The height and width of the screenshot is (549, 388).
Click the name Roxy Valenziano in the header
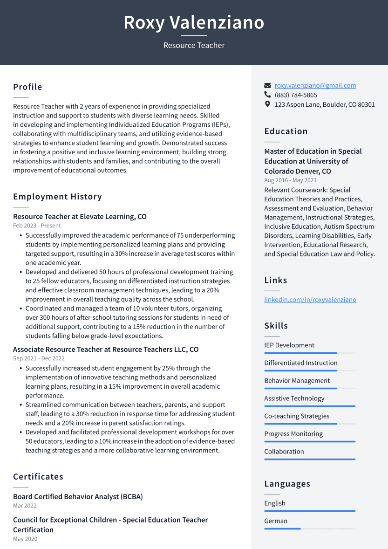(x=194, y=22)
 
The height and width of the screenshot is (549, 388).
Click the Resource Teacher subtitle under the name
(x=194, y=45)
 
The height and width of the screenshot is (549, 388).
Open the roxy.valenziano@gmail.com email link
(x=315, y=85)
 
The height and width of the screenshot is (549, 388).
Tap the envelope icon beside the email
(x=267, y=85)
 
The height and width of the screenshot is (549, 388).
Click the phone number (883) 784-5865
(x=296, y=95)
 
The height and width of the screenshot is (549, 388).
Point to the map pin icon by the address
(x=267, y=104)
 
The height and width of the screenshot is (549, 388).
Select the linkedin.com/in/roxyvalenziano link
(x=310, y=300)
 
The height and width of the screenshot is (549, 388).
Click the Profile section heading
(x=27, y=87)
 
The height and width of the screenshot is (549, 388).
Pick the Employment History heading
(x=57, y=197)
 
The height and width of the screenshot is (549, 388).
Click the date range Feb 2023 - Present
(x=37, y=226)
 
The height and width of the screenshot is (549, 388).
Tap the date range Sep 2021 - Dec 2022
(x=39, y=358)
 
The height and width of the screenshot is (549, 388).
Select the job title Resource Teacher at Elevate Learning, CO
(x=80, y=217)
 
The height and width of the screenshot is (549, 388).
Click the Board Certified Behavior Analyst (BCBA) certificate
(x=78, y=497)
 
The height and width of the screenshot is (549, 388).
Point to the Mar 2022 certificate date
(x=25, y=506)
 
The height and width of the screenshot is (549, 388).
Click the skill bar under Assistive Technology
(x=310, y=406)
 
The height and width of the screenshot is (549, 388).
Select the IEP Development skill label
(x=289, y=345)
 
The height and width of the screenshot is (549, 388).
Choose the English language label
(x=275, y=503)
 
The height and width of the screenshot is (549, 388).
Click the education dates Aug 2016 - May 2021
(x=290, y=180)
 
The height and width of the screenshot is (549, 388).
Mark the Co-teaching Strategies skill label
(x=297, y=416)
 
